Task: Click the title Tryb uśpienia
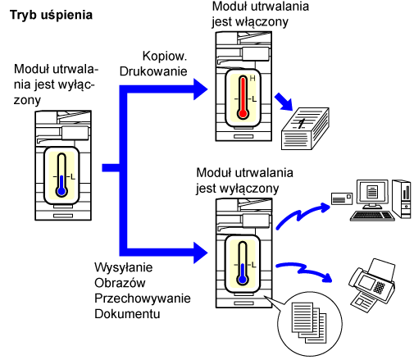(x=51, y=16)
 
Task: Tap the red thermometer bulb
(x=243, y=113)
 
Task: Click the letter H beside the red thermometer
(x=252, y=79)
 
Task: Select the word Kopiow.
(x=165, y=56)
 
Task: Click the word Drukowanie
(x=153, y=71)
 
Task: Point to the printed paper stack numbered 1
(x=305, y=129)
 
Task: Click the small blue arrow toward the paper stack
(x=284, y=102)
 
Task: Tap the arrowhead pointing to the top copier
(x=200, y=89)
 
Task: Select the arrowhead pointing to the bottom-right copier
(x=200, y=253)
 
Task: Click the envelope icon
(x=342, y=198)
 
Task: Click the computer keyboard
(x=372, y=216)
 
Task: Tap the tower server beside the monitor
(x=401, y=199)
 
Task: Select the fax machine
(x=371, y=285)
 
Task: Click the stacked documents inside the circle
(x=309, y=322)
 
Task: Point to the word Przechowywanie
(x=143, y=298)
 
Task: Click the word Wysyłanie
(x=124, y=267)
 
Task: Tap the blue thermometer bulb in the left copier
(x=61, y=191)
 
